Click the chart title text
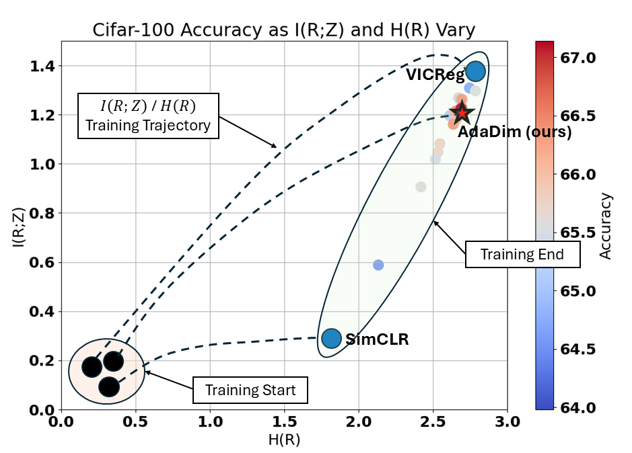pos(284,30)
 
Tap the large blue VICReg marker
pos(476,71)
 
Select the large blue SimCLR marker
pos(332,337)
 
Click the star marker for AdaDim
pos(462,112)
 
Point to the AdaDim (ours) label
pos(514,132)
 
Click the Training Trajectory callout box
pos(149,116)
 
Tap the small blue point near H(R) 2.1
pos(378,265)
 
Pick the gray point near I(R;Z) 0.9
pos(421,187)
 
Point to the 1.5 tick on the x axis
pos(284,423)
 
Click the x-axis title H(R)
pos(284,440)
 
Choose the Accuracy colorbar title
pos(606,226)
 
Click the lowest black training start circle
pos(109,386)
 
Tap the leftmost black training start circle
pos(92,367)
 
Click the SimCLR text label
pos(377,339)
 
